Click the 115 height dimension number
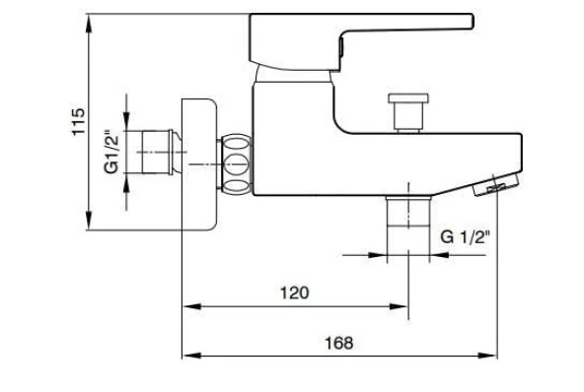click(x=79, y=122)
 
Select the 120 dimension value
click(x=294, y=293)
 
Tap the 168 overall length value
click(x=338, y=343)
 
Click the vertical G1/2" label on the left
click(x=111, y=151)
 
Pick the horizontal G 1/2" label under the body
click(x=466, y=237)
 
